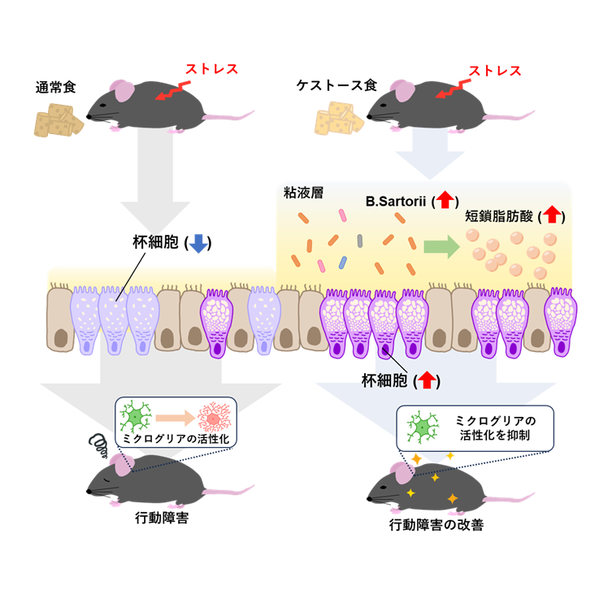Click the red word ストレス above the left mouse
[211, 69]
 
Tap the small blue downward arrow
[198, 243]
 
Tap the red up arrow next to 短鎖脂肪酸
[552, 215]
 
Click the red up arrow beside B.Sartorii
[446, 199]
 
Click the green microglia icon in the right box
[422, 427]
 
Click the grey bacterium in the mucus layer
[358, 240]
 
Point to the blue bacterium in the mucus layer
[344, 261]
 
